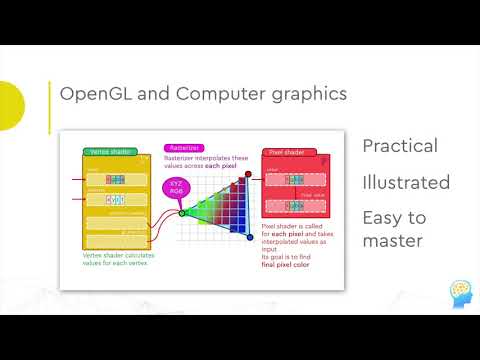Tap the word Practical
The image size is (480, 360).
coord(400,146)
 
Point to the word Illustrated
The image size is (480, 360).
coord(406,182)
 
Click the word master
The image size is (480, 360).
coord(392,241)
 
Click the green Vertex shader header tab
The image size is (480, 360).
coord(113,155)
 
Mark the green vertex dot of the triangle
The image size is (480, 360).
coord(182,212)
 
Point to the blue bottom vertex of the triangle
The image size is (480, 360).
coord(249,238)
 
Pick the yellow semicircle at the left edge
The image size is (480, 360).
coord(9,105)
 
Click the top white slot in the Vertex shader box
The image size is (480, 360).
coord(114,178)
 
